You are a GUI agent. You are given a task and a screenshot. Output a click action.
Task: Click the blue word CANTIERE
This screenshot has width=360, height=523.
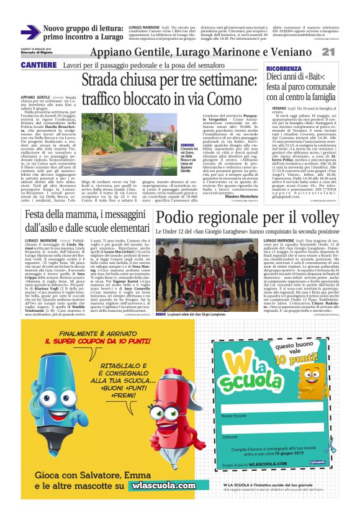coord(39,65)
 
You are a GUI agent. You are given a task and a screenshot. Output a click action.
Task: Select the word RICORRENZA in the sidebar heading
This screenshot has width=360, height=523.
coord(284,68)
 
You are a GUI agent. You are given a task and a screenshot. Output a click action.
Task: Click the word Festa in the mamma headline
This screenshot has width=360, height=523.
coord(41,214)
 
